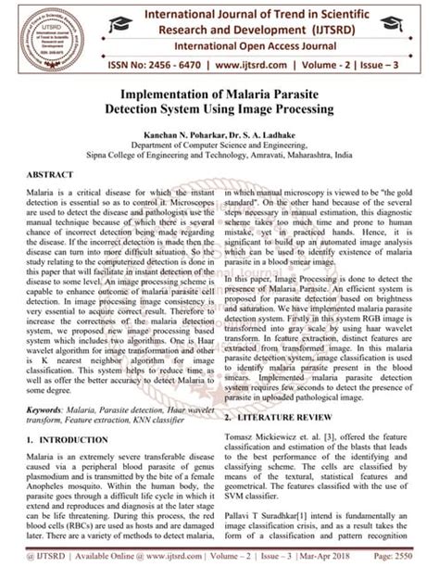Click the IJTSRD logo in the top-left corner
(34, 34)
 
